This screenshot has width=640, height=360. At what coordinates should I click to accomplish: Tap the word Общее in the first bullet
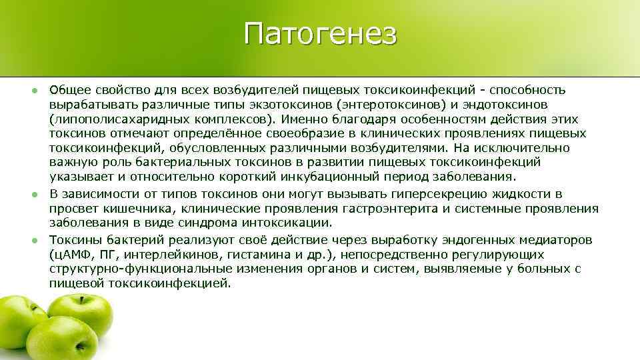tap(67, 90)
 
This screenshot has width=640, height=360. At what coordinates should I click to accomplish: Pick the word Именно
tap(303, 119)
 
